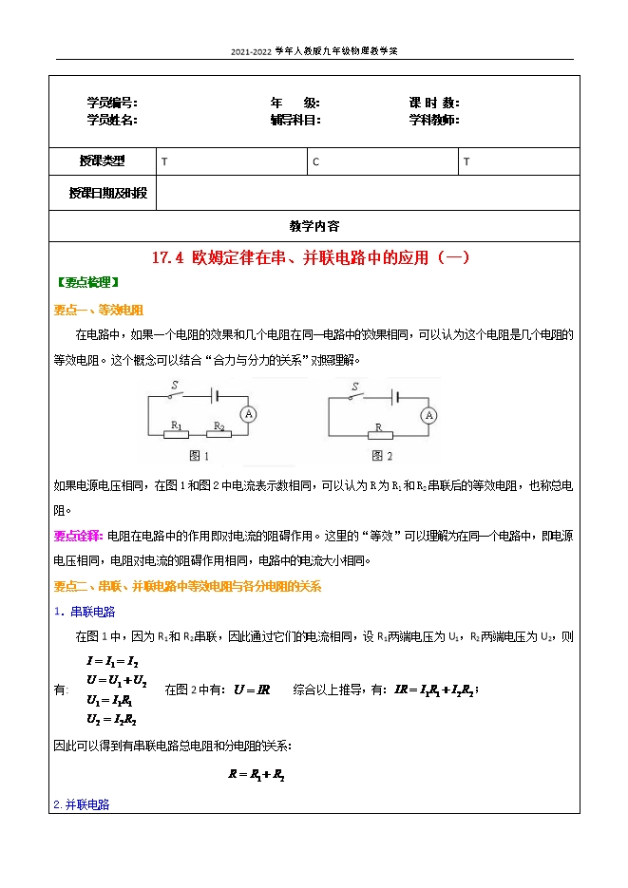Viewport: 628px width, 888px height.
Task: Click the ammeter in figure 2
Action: point(428,415)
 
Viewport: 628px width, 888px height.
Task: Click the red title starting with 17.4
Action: point(312,256)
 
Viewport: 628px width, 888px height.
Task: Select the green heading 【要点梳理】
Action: point(86,282)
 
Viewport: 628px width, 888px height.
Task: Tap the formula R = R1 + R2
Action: point(257,774)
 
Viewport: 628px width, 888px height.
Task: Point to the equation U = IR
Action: point(252,690)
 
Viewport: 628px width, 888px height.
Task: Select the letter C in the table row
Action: point(316,162)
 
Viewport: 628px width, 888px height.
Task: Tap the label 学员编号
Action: point(112,103)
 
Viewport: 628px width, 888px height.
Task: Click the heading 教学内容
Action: point(314,226)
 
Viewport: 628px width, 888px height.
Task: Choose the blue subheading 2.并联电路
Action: point(82,804)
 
